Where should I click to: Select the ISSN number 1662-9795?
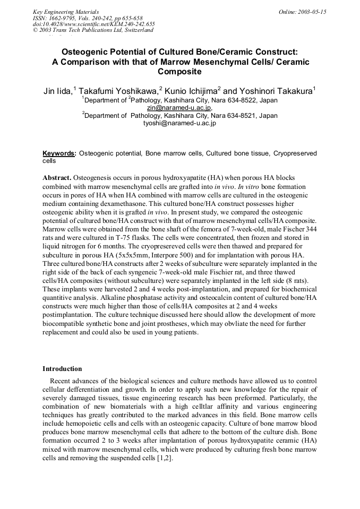pos(65,18)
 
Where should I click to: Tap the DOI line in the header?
pos(93,24)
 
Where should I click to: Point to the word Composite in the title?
pos(179,71)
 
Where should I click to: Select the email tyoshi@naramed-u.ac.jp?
pos(179,123)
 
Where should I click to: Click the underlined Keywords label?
pos(58,153)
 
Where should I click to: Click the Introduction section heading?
pos(62,369)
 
